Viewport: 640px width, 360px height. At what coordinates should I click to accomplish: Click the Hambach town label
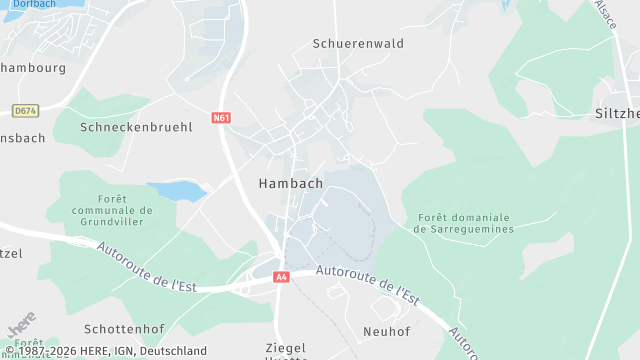pyautogui.click(x=290, y=184)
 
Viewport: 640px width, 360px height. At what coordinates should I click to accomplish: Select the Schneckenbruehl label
pyautogui.click(x=136, y=128)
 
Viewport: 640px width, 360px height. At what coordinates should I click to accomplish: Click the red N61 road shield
pyautogui.click(x=222, y=118)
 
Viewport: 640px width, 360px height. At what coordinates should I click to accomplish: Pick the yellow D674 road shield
pyautogui.click(x=25, y=110)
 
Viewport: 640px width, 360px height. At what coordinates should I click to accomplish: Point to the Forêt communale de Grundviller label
pyautogui.click(x=112, y=211)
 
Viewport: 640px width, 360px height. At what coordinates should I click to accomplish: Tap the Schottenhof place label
pyautogui.click(x=124, y=330)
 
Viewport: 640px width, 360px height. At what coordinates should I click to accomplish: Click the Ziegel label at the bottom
pyautogui.click(x=285, y=348)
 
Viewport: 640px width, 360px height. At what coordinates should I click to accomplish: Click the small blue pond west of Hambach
pyautogui.click(x=177, y=191)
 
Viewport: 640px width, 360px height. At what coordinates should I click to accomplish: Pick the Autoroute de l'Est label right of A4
pyautogui.click(x=366, y=281)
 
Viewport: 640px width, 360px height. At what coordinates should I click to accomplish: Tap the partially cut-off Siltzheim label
pyautogui.click(x=616, y=114)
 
